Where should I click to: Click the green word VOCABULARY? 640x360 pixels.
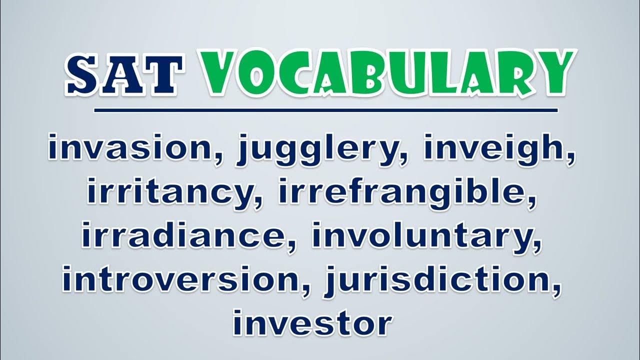coord(388,73)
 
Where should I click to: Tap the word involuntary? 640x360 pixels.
coord(423,237)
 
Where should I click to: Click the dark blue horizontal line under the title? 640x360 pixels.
coord(326,110)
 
